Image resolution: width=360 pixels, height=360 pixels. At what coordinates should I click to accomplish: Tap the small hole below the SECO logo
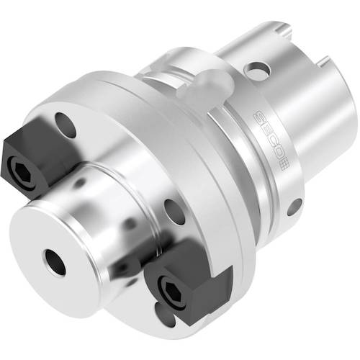pos(294,207)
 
